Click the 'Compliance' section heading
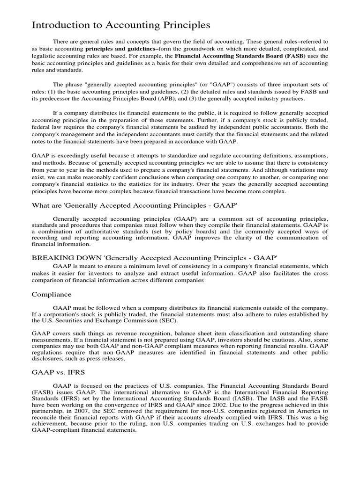point(52,294)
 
